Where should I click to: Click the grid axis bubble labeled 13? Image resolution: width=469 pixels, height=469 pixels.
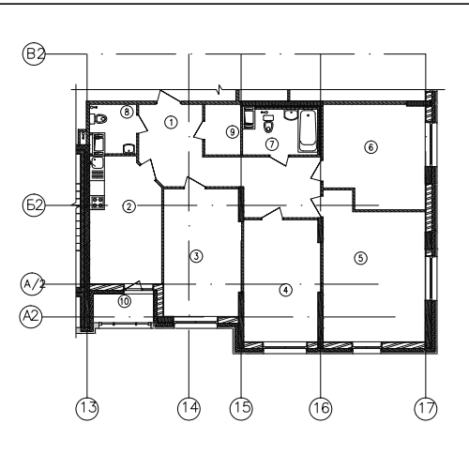87,408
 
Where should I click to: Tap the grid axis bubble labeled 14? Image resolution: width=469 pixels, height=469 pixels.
189,408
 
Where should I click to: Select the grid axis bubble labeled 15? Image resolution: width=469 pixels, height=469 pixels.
241,408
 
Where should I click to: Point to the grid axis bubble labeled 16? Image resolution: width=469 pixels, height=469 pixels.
321,408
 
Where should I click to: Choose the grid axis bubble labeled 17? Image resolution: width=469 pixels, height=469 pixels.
426,408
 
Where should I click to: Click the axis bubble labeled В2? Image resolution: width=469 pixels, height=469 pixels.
34,54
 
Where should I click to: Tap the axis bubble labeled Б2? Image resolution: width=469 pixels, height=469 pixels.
34,205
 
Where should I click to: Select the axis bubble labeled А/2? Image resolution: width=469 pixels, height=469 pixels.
32,284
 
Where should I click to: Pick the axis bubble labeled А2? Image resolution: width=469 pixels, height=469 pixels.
31,316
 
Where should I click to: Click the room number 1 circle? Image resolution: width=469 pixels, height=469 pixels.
171,122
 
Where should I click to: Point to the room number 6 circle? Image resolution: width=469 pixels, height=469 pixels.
371,147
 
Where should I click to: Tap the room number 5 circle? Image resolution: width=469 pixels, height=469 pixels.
361,258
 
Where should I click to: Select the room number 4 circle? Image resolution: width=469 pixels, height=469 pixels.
285,290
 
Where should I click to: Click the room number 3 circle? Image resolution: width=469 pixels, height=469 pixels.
196,256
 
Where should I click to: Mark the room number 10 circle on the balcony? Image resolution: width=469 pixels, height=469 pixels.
125,301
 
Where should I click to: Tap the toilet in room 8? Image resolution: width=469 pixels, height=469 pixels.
98,119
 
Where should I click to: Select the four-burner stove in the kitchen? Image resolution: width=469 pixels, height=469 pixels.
98,203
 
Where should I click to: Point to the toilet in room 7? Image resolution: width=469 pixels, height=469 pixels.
268,125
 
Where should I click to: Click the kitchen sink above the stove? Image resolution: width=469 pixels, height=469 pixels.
98,163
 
